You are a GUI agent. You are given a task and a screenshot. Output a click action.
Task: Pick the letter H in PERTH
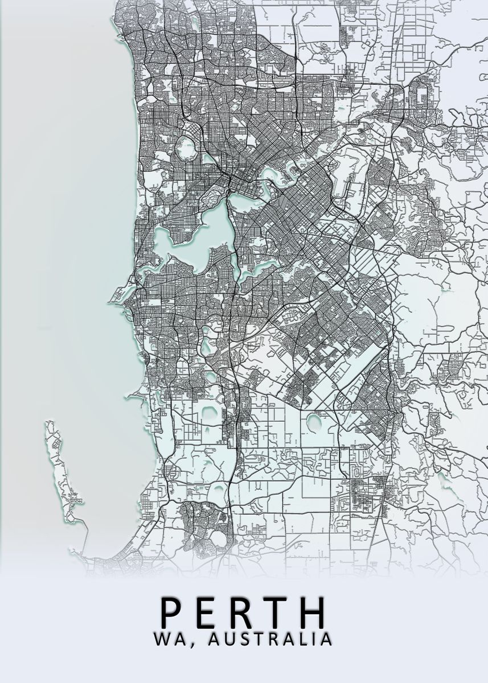[314, 611]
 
